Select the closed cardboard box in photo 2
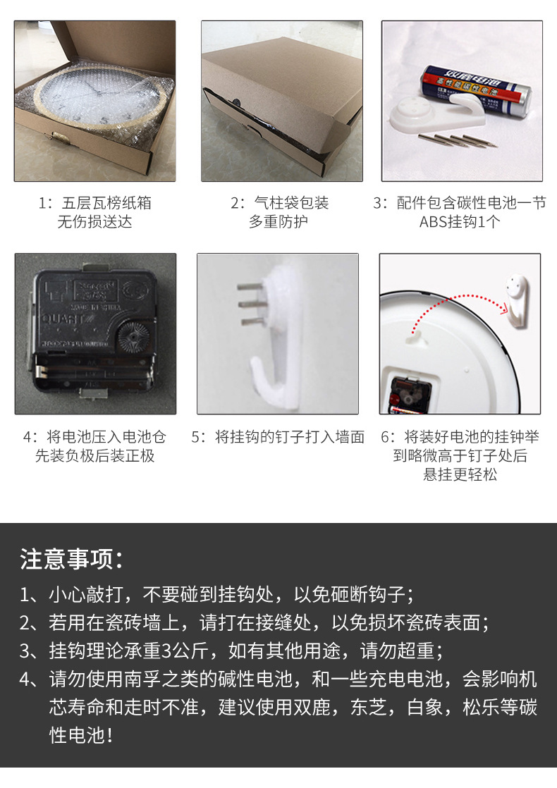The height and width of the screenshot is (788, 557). (x=275, y=99)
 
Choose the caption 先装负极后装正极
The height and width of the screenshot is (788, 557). (x=94, y=455)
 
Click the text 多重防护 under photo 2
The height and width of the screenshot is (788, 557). (x=278, y=222)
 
